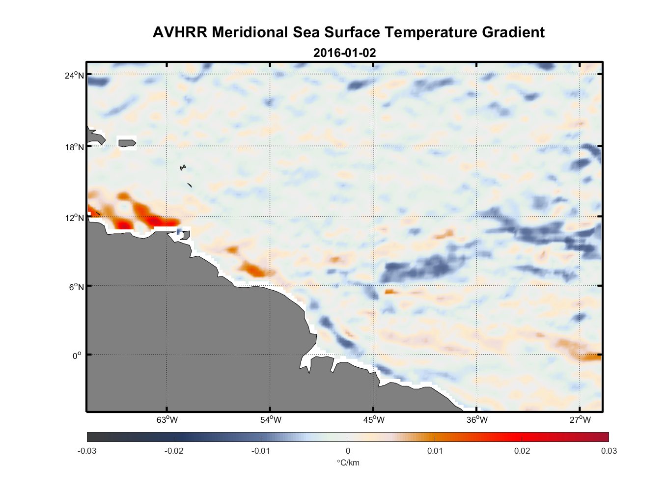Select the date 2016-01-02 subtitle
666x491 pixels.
tap(344, 53)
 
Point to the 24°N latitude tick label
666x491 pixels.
tap(74, 75)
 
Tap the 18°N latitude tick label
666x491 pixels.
tap(74, 147)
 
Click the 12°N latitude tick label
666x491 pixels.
tap(74, 218)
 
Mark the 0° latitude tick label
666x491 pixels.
tap(77, 355)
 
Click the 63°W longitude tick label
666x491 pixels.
tap(167, 420)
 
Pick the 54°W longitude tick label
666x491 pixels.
tap(271, 420)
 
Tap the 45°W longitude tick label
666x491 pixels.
tap(374, 420)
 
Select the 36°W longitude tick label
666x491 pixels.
tap(477, 420)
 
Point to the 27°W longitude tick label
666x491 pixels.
tap(580, 420)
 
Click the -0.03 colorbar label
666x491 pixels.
tap(87, 451)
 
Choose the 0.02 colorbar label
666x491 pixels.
tap(522, 451)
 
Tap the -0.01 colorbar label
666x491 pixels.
tap(260, 451)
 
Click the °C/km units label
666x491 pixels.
tap(348, 463)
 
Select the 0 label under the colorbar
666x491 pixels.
tap(348, 451)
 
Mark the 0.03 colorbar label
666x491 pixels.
tap(609, 451)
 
